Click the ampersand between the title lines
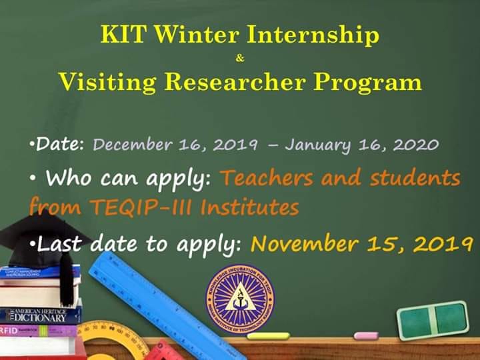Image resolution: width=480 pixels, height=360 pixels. (240, 57)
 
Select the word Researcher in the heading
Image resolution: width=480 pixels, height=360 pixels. (235, 82)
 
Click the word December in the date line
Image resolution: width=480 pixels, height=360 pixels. (132, 144)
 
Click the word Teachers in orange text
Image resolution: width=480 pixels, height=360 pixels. (266, 177)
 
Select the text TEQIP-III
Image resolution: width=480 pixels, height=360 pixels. (141, 207)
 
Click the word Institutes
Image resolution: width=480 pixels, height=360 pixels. (249, 207)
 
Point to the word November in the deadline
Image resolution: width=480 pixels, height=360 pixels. (304, 243)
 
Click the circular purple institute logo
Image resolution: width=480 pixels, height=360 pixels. (240, 299)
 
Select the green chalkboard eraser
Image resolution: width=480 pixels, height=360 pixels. (433, 320)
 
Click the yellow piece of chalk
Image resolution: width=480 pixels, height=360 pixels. (268, 336)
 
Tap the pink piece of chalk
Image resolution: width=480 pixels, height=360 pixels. (366, 336)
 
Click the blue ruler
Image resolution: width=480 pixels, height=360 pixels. (165, 306)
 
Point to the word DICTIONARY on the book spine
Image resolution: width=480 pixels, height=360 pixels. (40, 318)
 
